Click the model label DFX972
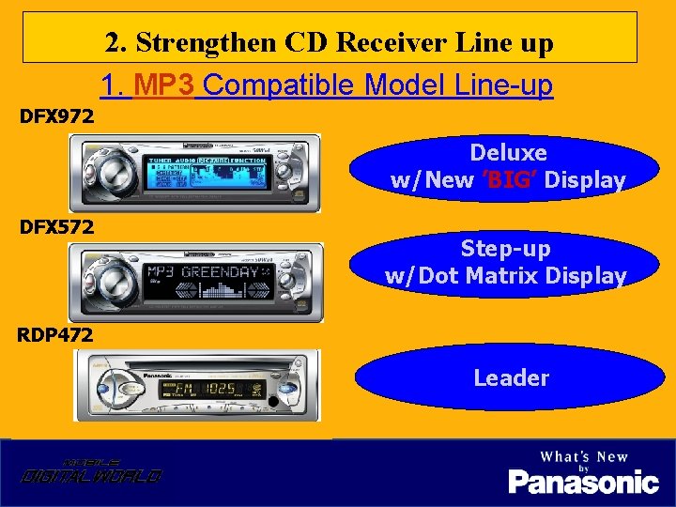57,117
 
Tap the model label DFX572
57,226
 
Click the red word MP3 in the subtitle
164,85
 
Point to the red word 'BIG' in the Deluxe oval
509,180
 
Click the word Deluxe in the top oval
508,152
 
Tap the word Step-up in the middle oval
505,249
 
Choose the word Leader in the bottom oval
511,377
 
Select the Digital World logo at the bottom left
91,472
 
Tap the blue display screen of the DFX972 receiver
207,174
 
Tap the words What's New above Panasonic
583,457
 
